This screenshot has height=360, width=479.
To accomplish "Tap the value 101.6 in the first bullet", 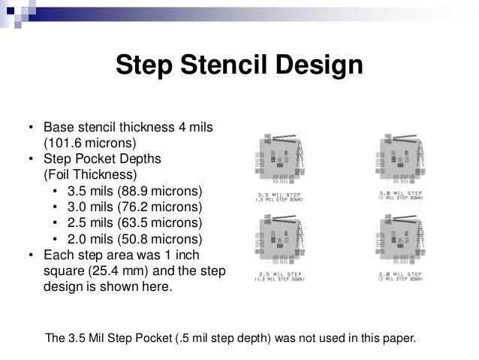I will [x=68, y=142].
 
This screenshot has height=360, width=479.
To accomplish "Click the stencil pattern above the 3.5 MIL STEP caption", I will [x=285, y=159].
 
